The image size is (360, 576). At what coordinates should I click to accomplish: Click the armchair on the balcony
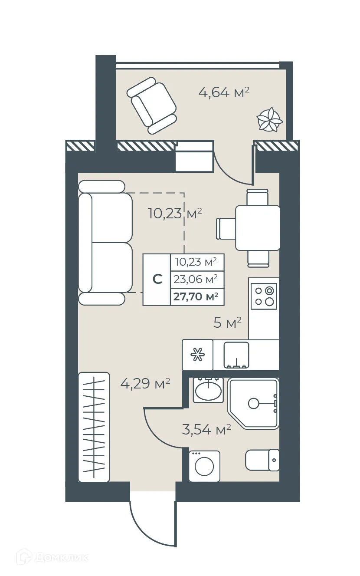[x=152, y=105]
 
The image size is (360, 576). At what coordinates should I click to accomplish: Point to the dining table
[x=258, y=228]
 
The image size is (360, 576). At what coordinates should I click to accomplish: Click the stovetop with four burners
[x=264, y=296]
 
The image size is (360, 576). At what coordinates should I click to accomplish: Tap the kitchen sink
[x=236, y=355]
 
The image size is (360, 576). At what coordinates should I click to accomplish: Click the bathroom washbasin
[x=208, y=390]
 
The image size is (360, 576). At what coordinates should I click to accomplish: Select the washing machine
[x=204, y=466]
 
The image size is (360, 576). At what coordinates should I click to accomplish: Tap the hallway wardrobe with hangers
[x=94, y=427]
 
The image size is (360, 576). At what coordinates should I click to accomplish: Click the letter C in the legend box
[x=157, y=280]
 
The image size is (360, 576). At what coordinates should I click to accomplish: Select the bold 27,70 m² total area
[x=196, y=296]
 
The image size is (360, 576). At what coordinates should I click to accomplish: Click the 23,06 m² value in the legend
[x=196, y=280]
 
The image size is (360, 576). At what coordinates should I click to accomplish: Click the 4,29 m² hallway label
[x=144, y=384]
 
